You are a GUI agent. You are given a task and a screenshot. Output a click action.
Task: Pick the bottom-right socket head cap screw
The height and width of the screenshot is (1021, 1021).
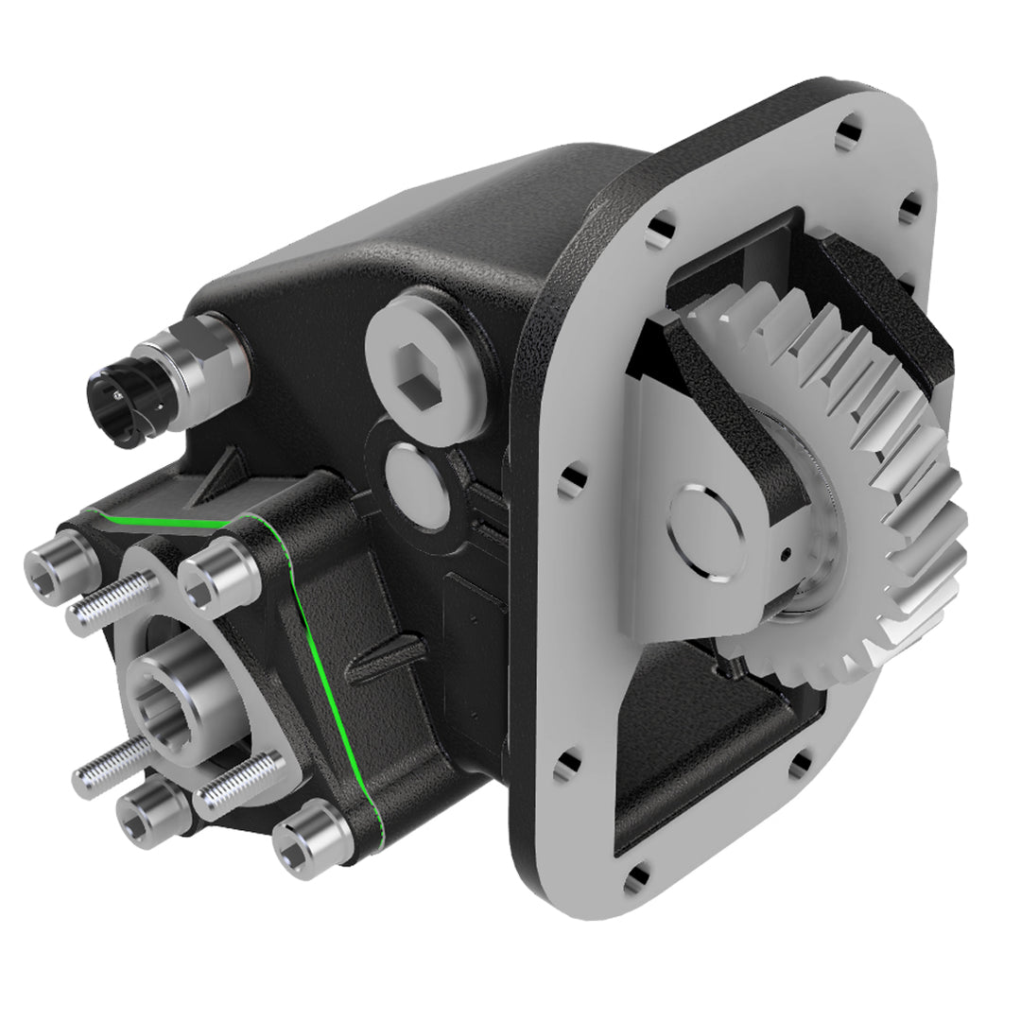[312, 838]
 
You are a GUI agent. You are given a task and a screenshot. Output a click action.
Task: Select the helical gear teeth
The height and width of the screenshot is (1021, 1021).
[879, 444]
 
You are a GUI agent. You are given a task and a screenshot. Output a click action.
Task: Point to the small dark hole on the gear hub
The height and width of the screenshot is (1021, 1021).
[787, 556]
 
